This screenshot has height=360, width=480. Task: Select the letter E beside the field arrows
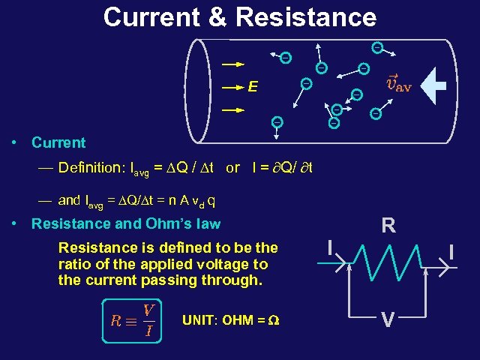(x=253, y=88)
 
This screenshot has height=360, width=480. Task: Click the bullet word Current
(x=58, y=142)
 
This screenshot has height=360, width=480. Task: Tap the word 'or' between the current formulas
(x=232, y=168)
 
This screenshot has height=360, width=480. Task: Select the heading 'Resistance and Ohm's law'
(x=126, y=223)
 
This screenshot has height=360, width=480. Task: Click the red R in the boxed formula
(x=115, y=321)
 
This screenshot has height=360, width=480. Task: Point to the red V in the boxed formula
(x=148, y=310)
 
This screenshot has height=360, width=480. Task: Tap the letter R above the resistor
(x=388, y=226)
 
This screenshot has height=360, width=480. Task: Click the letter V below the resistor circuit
(x=387, y=320)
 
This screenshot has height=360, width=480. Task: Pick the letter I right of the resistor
(x=451, y=251)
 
